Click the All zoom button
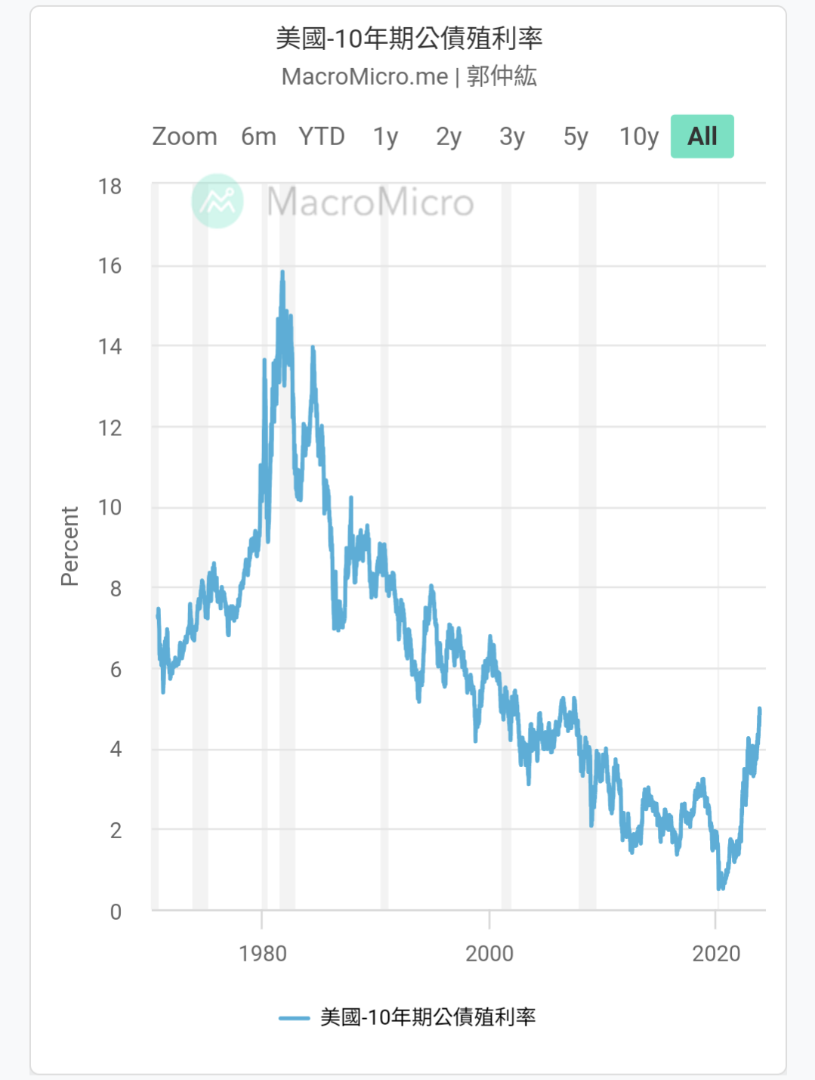702,137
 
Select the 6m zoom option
258,137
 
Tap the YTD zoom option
321,137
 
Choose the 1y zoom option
385,137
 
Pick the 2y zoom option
449,137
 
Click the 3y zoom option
512,137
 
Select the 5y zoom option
576,137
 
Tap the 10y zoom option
639,137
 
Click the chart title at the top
409,38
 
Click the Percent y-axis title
69,546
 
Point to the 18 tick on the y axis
110,187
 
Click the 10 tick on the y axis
110,507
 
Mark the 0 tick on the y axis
116,912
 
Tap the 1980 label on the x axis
263,954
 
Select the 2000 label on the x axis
489,954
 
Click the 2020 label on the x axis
716,954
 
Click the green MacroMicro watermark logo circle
218,201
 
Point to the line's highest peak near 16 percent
282,272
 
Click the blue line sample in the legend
294,1018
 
